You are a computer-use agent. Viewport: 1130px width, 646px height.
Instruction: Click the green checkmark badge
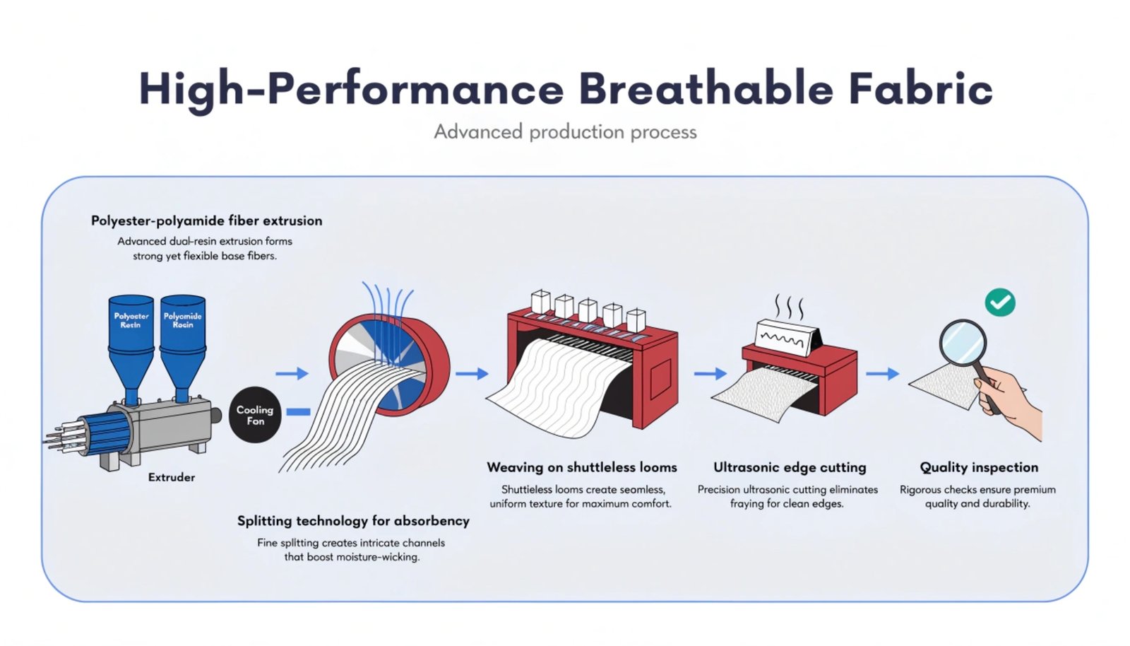pyautogui.click(x=1000, y=303)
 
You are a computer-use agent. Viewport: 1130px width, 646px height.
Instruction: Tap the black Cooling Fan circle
pyautogui.click(x=255, y=415)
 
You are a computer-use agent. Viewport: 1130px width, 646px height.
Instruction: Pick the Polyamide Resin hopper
pyautogui.click(x=183, y=349)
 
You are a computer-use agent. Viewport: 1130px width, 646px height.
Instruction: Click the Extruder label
pyautogui.click(x=172, y=478)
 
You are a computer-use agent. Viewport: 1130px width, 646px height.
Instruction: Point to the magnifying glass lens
pyautogui.click(x=963, y=342)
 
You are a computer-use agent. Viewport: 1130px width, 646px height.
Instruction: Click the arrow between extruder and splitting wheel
pyautogui.click(x=292, y=373)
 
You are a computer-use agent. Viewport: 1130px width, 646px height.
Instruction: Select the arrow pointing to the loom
pyautogui.click(x=472, y=373)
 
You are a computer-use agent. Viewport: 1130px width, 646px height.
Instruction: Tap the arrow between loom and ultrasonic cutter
pyautogui.click(x=710, y=373)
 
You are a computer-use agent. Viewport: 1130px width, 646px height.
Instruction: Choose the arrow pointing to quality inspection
pyautogui.click(x=883, y=373)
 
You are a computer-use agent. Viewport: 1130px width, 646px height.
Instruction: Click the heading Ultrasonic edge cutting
pyautogui.click(x=790, y=468)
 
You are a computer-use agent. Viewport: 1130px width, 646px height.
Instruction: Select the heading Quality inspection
pyautogui.click(x=979, y=468)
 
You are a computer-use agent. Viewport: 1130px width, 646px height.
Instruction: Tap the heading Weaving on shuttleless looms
pyautogui.click(x=582, y=467)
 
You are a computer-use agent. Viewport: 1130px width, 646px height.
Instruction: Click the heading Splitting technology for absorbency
pyautogui.click(x=353, y=521)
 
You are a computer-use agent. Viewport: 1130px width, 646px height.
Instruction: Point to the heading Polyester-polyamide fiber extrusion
pyautogui.click(x=206, y=221)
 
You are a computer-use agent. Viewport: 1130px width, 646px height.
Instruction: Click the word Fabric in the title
pyautogui.click(x=921, y=89)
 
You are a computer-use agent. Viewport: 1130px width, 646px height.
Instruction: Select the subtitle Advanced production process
pyautogui.click(x=565, y=131)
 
